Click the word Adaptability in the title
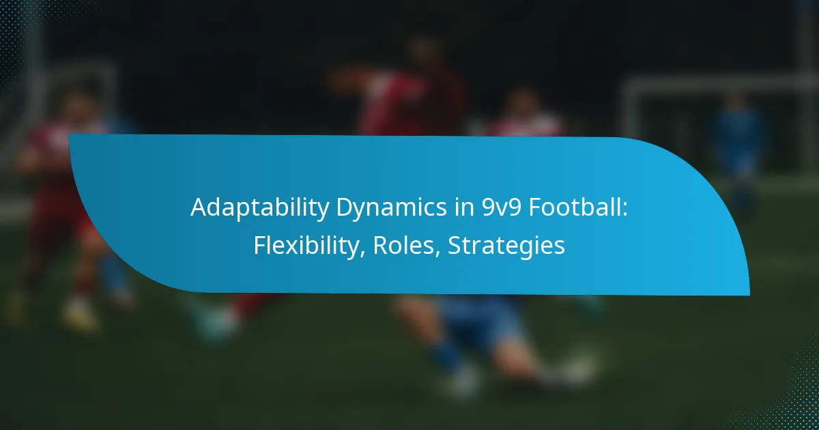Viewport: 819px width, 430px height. (x=260, y=208)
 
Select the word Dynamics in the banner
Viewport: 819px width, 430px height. (x=391, y=208)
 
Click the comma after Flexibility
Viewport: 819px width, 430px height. (x=362, y=253)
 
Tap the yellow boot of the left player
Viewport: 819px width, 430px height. (x=81, y=315)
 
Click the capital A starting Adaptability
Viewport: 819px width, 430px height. (x=199, y=207)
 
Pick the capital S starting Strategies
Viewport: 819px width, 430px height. (x=455, y=245)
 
